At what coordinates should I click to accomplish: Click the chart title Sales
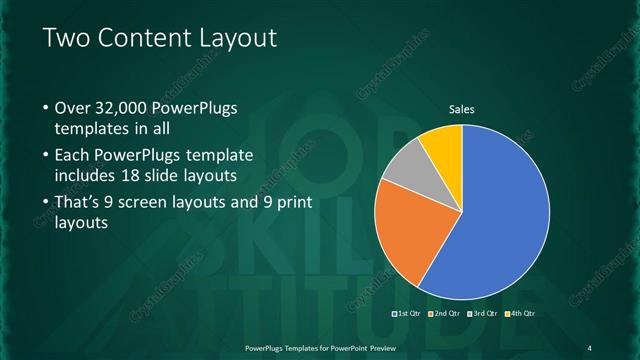[461, 109]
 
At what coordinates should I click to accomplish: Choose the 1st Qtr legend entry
[407, 313]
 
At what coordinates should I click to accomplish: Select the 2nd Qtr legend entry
[444, 313]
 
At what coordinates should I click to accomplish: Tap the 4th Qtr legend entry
[520, 313]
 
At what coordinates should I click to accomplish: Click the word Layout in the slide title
[234, 38]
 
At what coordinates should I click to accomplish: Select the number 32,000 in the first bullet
[127, 108]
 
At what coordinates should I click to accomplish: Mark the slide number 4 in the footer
[589, 347]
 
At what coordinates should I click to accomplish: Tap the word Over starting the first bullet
[73, 108]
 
